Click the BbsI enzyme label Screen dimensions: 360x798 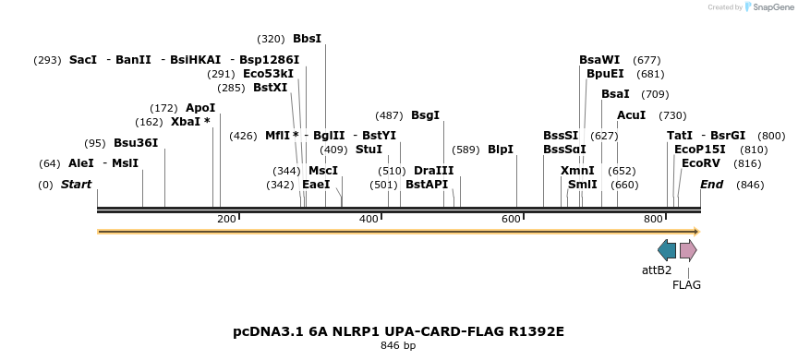(x=307, y=39)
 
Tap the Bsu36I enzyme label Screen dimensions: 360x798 (x=136, y=143)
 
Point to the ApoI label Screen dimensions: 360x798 (x=200, y=108)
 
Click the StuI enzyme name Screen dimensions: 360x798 (x=369, y=150)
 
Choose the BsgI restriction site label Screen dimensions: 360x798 (x=425, y=115)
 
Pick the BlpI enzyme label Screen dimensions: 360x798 (x=501, y=150)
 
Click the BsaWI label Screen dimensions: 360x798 (x=599, y=60)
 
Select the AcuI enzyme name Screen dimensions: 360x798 (x=631, y=115)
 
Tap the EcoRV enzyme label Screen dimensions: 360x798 (x=700, y=163)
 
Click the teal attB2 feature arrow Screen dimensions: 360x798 (x=667, y=250)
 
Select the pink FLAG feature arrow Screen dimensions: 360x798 (x=688, y=250)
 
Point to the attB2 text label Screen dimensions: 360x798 (x=657, y=270)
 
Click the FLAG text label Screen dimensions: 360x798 (x=686, y=285)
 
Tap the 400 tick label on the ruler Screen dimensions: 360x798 (x=369, y=219)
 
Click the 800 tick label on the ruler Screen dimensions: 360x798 (x=653, y=219)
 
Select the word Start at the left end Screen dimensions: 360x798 (x=76, y=185)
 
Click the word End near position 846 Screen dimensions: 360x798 (x=711, y=185)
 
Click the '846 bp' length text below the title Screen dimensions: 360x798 (x=398, y=346)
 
